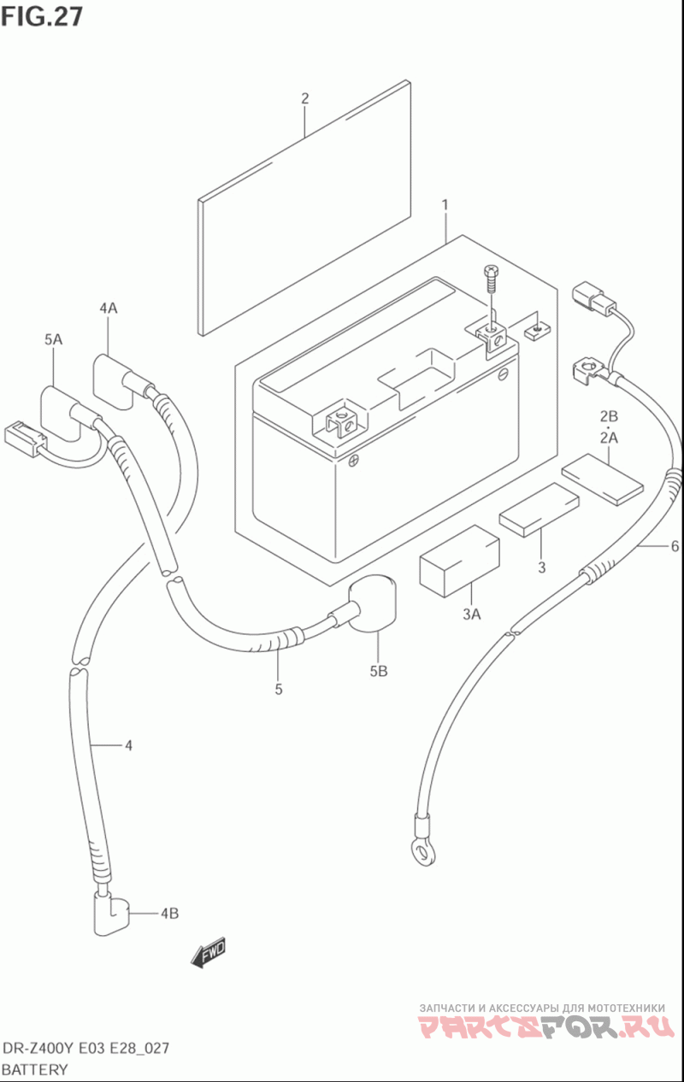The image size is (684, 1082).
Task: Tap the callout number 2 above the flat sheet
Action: (304, 98)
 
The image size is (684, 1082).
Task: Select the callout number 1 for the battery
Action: (445, 205)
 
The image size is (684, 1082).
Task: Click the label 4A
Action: (109, 308)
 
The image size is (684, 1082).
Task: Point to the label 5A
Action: (54, 339)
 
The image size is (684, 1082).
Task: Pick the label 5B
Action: (379, 671)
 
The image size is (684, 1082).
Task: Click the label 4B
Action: (169, 913)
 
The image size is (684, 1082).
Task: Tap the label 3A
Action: (472, 614)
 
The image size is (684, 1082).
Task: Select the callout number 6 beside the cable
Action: (675, 546)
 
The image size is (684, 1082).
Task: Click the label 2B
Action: (609, 416)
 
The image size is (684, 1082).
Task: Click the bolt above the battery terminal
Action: (492, 279)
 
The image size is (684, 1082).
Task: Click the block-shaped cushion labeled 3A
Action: (459, 562)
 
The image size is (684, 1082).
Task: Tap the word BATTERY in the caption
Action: (34, 1069)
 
